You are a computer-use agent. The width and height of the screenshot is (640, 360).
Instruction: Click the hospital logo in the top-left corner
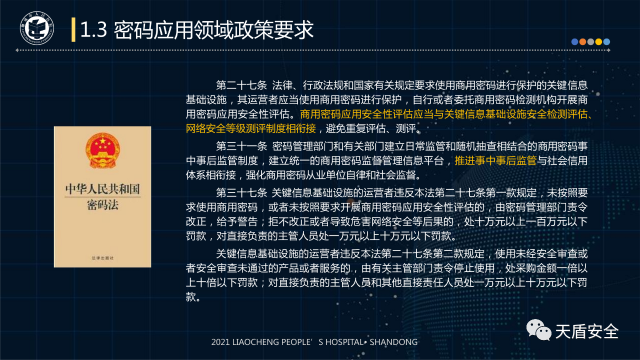(x=37, y=28)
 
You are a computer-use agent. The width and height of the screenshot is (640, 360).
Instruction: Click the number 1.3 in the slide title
(x=93, y=29)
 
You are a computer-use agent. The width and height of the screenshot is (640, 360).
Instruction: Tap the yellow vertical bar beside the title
(x=73, y=29)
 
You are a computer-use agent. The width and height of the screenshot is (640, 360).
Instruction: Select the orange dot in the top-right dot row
(x=582, y=41)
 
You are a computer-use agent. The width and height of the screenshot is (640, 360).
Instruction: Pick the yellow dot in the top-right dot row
(x=598, y=41)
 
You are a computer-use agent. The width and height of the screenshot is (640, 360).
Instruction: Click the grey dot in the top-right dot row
(x=590, y=41)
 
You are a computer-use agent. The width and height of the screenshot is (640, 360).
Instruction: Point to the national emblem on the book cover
(x=102, y=149)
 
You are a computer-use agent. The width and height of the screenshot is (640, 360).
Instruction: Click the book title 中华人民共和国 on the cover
(x=102, y=189)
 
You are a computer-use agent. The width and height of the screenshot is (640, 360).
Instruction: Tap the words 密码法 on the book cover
(x=102, y=205)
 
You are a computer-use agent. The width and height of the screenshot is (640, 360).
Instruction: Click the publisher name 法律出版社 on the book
(x=102, y=258)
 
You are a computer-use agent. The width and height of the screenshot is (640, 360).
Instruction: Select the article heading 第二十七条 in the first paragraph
(x=241, y=85)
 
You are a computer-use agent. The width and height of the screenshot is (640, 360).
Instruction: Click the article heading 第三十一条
(x=241, y=146)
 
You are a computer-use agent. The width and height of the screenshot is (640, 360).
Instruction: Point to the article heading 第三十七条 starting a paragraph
(x=241, y=193)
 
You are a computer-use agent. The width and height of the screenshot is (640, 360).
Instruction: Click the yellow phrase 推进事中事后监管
(x=495, y=160)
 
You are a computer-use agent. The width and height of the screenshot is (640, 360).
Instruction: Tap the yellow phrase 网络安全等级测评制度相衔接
(x=251, y=128)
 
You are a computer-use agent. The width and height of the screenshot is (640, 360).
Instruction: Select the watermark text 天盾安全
(x=587, y=331)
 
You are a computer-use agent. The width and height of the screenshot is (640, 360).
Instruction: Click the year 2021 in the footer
(x=220, y=342)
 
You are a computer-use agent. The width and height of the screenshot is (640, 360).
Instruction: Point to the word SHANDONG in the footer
(x=393, y=342)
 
